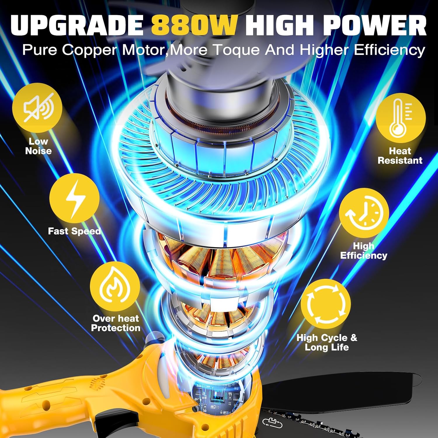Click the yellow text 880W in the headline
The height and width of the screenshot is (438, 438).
(194, 25)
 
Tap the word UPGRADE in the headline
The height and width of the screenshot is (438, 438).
(77, 25)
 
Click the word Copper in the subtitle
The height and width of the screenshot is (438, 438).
(89, 50)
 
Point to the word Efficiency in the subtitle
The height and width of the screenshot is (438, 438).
(390, 50)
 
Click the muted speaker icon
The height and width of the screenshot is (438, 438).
(37, 107)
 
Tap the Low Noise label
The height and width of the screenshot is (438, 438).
(38, 146)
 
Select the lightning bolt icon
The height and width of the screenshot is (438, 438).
(75, 199)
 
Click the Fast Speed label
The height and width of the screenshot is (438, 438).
(74, 231)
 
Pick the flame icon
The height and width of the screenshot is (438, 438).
(115, 286)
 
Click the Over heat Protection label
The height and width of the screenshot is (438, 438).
(116, 323)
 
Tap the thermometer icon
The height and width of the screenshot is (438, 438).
(401, 118)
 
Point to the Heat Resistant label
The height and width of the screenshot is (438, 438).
(400, 156)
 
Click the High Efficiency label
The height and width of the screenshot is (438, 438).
(364, 251)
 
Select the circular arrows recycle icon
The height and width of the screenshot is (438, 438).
(325, 304)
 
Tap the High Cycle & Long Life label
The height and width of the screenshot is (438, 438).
(327, 343)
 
